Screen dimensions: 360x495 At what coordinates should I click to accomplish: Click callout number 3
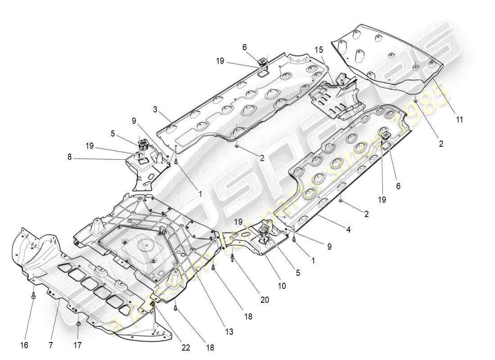tap(154, 109)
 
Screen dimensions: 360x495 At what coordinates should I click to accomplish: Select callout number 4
tap(348, 229)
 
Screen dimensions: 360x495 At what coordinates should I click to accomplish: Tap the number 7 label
tap(50, 345)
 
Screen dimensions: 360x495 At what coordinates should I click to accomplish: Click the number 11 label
tap(459, 120)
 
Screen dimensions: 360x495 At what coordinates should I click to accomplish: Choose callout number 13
tap(229, 332)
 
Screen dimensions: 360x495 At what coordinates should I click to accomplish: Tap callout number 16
tap(24, 345)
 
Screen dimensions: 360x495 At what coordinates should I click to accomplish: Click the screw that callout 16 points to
tap(34, 296)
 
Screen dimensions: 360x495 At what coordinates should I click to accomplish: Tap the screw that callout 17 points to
tap(79, 323)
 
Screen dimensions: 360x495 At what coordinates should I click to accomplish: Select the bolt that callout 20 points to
tap(232, 258)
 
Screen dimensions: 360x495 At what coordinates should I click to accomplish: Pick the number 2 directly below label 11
tap(441, 144)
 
